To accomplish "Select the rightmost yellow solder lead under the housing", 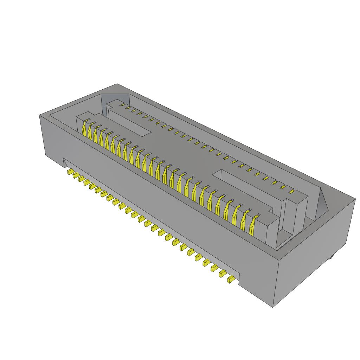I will (x=231, y=279).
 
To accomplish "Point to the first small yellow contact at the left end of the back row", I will (x=122, y=104).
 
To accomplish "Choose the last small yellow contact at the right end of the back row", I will (x=291, y=192).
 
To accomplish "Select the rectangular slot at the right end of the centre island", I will (x=246, y=188).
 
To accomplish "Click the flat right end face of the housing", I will (x=316, y=253).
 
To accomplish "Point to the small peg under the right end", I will (x=331, y=258).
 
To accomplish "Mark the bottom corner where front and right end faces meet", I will (x=273, y=307).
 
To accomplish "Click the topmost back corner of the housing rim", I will (x=117, y=84).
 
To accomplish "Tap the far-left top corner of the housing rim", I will (x=39, y=115).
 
